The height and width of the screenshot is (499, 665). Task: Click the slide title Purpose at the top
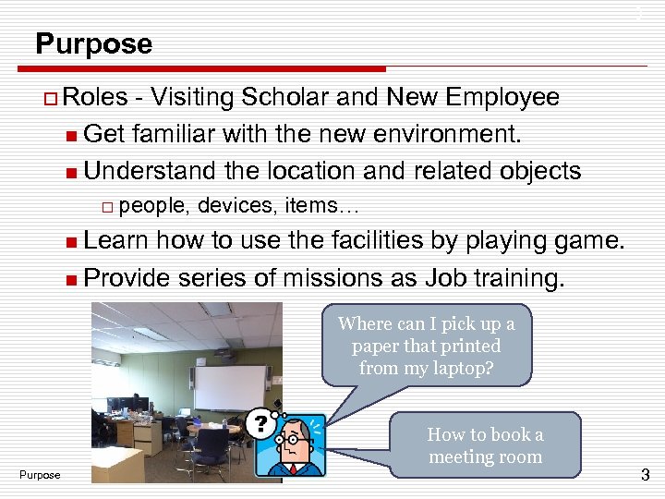(93, 43)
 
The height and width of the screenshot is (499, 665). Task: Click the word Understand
(155, 171)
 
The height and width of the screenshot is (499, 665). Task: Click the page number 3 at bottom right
(645, 476)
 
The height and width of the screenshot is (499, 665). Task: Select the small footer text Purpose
(40, 475)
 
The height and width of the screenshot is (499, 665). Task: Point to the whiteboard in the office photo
(230, 388)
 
